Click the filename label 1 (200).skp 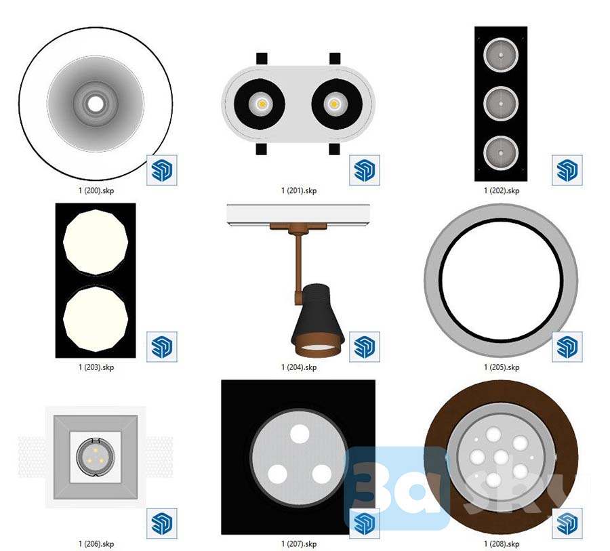96,190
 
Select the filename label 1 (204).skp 299,367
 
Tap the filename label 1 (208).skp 502,544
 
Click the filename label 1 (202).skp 502,190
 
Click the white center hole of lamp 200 96,104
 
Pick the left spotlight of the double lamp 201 260,104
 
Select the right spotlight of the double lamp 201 337,104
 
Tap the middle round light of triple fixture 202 501,104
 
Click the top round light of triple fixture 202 501,55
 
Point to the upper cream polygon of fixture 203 96,242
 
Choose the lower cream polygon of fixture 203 96,319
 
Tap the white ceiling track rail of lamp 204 298,214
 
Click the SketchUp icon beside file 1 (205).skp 567,347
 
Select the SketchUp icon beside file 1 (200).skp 162,170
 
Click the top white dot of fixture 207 300,433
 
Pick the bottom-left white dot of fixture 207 277,474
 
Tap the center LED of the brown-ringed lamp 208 501,457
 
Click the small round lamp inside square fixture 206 96,457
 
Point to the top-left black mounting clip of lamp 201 262,59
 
